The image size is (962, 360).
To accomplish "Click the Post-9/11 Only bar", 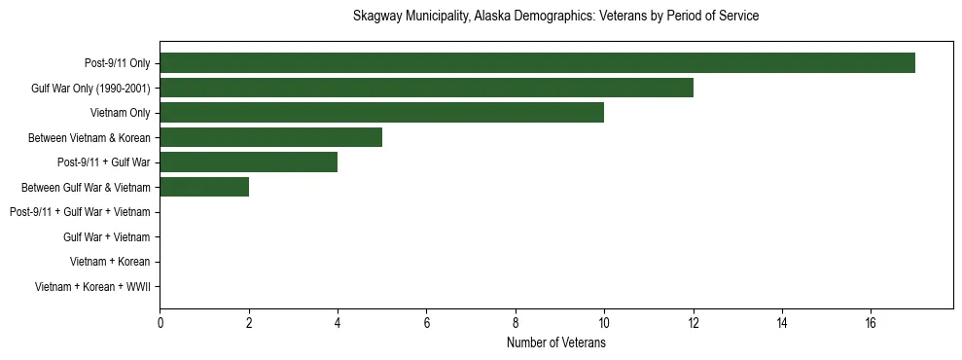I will (537, 63).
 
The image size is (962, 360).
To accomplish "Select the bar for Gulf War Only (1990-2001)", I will (426, 88).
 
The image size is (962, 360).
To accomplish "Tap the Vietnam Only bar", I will (381, 113).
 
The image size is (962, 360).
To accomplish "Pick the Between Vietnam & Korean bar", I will (270, 137).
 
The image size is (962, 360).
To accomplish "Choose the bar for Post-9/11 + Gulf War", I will (248, 162).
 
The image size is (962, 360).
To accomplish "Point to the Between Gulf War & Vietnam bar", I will (204, 187).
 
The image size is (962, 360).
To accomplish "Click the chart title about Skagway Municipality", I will (555, 17).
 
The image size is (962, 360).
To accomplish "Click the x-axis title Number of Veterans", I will (555, 342).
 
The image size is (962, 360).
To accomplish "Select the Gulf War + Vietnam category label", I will (106, 236).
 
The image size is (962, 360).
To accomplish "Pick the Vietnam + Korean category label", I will (110, 262).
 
